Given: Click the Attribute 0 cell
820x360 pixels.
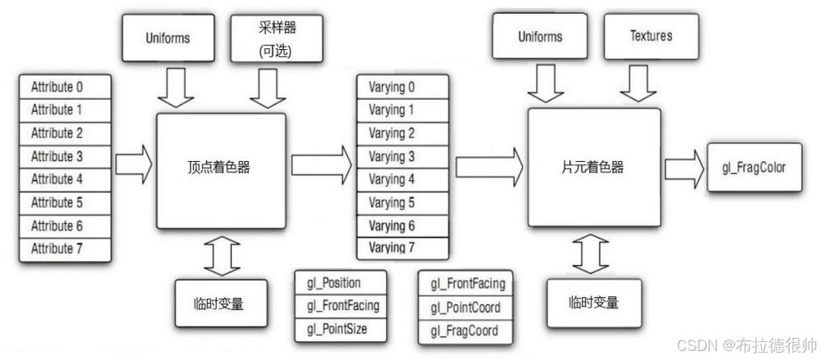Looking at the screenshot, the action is (x=65, y=87).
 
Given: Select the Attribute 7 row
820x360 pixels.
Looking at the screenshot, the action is (x=65, y=250).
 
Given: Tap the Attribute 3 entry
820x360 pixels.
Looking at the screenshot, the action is (x=65, y=157).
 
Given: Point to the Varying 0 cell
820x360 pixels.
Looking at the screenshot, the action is (x=402, y=86).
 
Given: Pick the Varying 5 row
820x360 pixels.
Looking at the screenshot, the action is (x=402, y=203).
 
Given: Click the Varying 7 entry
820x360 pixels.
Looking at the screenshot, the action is (x=402, y=248).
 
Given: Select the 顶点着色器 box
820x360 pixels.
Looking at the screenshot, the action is (x=221, y=171).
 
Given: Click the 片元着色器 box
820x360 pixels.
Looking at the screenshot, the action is (x=594, y=167).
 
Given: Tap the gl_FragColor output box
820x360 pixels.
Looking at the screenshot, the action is (x=754, y=167).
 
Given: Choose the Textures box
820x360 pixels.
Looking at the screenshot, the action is (x=651, y=37).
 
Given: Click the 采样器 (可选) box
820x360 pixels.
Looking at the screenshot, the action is (x=277, y=38).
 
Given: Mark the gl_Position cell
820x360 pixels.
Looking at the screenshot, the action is (x=340, y=283).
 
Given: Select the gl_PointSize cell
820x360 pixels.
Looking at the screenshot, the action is (x=340, y=330).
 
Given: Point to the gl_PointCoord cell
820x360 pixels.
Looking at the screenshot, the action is (x=466, y=308).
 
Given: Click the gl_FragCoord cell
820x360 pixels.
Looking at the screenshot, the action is (x=466, y=331).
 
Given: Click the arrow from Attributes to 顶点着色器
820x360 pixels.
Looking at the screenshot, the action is (x=133, y=165).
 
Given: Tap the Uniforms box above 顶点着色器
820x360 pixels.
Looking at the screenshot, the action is (x=168, y=38).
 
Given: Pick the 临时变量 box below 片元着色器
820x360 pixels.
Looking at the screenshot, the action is (x=594, y=303).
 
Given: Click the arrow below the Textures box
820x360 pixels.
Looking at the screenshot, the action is (x=638, y=83).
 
